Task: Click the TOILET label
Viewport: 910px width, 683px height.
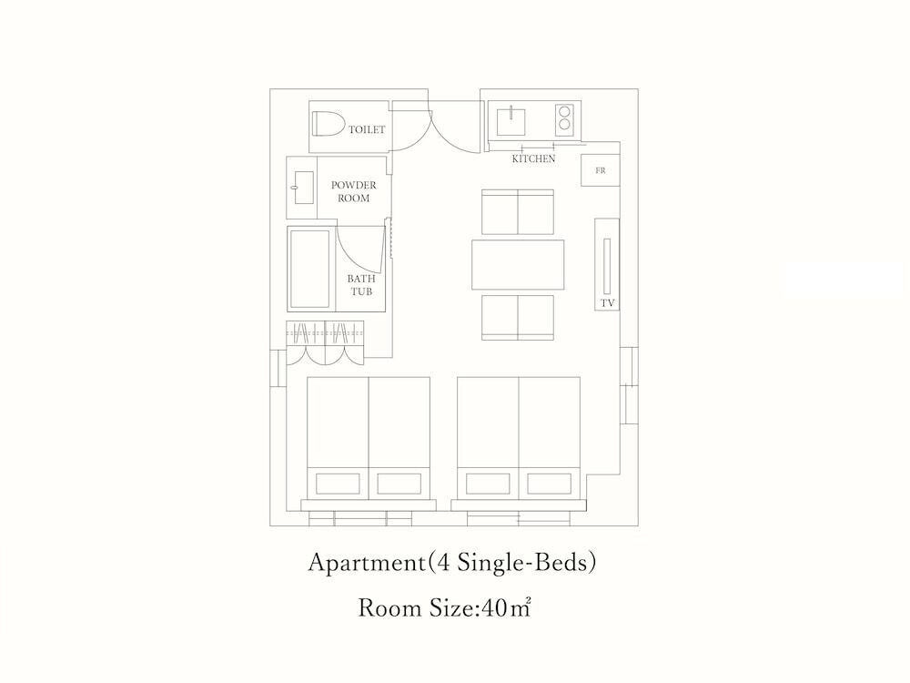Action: tap(367, 129)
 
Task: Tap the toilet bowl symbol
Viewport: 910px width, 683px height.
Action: tap(328, 123)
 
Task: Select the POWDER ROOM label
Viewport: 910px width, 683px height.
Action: tap(353, 191)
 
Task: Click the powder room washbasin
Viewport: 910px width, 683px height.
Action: tap(304, 188)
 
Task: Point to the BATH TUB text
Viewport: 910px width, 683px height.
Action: tap(361, 285)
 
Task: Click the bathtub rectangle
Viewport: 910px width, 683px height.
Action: tap(310, 270)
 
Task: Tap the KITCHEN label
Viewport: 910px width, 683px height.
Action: tap(533, 158)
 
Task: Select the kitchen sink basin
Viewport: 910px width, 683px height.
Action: tap(511, 120)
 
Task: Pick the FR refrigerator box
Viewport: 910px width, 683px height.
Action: tap(601, 170)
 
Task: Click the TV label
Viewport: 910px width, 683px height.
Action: tap(608, 303)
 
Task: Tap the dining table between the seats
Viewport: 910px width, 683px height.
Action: tap(518, 265)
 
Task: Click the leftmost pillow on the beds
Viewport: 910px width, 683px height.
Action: tap(338, 484)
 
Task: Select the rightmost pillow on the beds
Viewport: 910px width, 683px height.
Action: tap(549, 484)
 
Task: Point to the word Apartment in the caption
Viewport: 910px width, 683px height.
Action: tap(367, 563)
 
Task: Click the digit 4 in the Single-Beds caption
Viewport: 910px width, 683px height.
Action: tap(443, 563)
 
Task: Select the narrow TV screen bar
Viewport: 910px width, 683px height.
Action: tap(607, 266)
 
